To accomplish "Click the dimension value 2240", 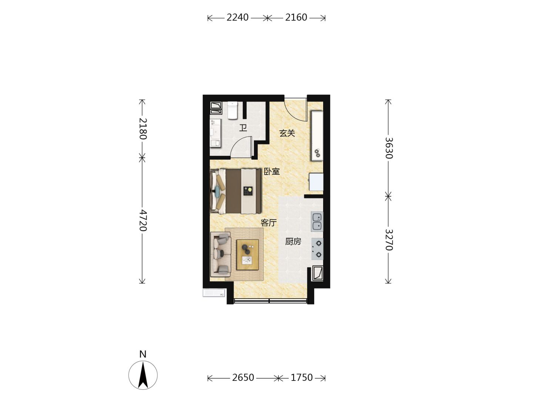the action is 237,18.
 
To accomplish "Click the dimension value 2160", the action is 296,18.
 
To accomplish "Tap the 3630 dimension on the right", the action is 389,148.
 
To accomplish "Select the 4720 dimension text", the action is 143,221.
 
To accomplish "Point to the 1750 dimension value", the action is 302,378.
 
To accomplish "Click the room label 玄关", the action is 287,133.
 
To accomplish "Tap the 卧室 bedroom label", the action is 272,171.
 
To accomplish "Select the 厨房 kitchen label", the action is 293,241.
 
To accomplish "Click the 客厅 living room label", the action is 269,223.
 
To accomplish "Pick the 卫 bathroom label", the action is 243,128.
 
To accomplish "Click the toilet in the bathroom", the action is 232,110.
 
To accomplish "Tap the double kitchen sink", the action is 317,221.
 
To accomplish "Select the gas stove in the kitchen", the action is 317,249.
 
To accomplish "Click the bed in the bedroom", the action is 236,191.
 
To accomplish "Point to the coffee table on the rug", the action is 248,255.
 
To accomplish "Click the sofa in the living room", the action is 221,254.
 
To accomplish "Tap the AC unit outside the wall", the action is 214,293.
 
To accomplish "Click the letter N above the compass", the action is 143,354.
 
